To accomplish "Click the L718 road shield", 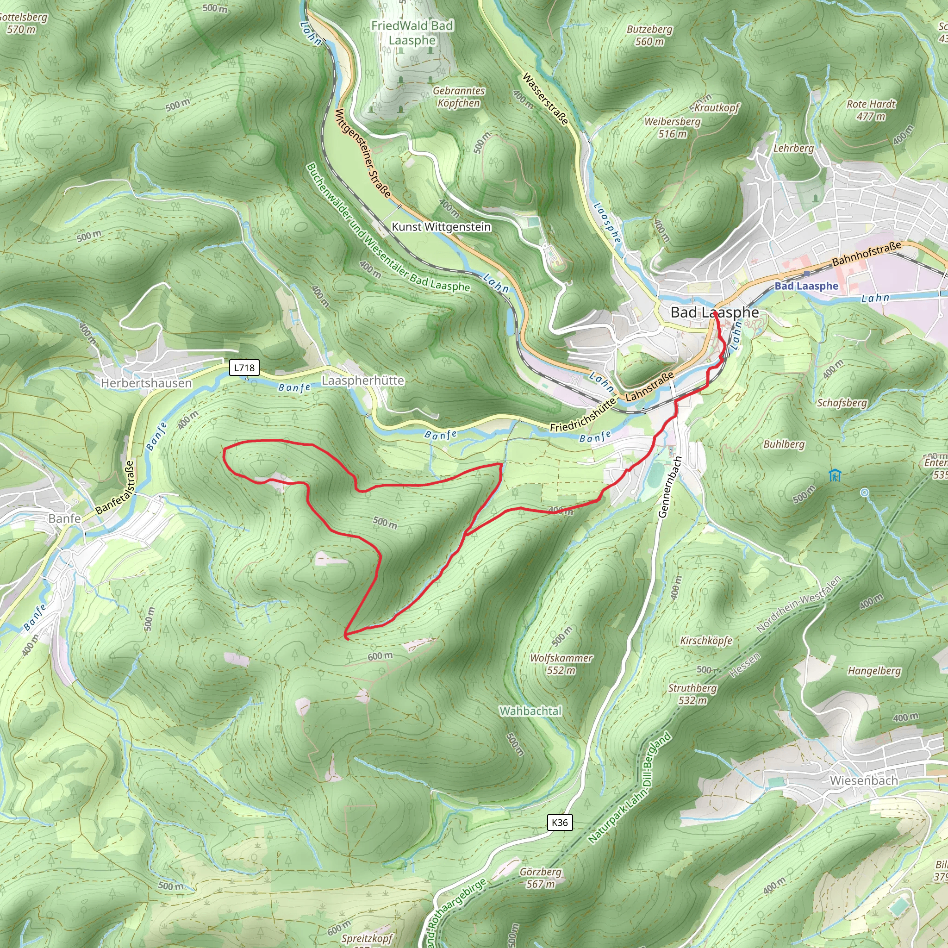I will (x=244, y=368).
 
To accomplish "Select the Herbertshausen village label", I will (x=146, y=383).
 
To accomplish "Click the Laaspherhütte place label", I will (x=362, y=380).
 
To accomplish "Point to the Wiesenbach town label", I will (x=864, y=780).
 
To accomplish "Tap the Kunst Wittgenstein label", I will (x=441, y=227).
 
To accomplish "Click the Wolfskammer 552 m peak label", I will (x=561, y=664).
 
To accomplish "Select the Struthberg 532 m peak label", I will (x=692, y=694).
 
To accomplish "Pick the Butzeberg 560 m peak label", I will (x=649, y=35).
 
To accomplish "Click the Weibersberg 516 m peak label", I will (x=672, y=128).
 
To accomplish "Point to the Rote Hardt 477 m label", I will (x=871, y=110).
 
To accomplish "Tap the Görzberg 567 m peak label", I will (x=540, y=878).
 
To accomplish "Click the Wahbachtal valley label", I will (x=530, y=711).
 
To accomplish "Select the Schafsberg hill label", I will (x=842, y=402).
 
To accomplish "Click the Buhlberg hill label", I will (x=784, y=444).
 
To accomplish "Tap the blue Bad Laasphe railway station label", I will (x=806, y=286).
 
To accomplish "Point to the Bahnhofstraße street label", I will (x=867, y=253).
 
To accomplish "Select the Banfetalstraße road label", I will (x=115, y=488).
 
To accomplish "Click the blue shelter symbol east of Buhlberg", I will (x=835, y=475).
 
